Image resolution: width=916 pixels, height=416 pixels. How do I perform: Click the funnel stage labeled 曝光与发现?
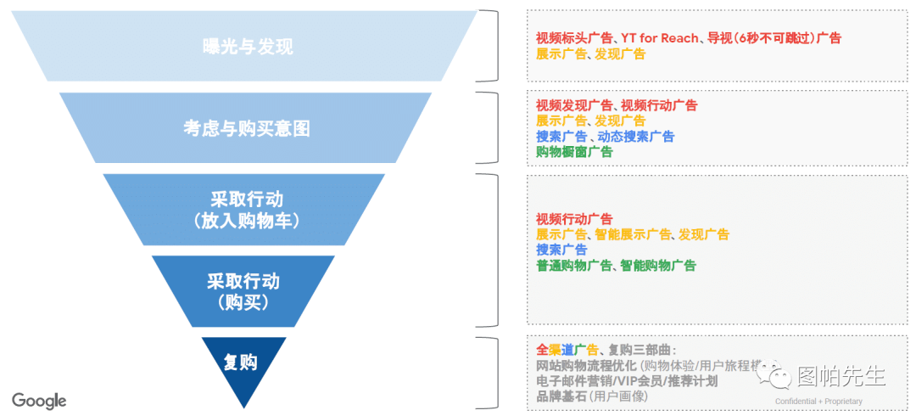click(x=248, y=47)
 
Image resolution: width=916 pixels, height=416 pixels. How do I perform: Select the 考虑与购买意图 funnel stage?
click(x=246, y=128)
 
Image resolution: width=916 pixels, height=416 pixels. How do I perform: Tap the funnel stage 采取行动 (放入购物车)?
click(x=246, y=210)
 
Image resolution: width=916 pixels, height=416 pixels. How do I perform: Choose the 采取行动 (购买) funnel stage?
click(x=243, y=290)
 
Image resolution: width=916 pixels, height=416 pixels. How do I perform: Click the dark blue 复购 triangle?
click(x=242, y=363)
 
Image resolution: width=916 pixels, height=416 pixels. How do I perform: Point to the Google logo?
click(x=39, y=400)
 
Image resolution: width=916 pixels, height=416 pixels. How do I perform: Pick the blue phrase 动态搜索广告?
click(x=635, y=137)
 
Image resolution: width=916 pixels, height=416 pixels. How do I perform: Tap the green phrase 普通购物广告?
click(x=573, y=266)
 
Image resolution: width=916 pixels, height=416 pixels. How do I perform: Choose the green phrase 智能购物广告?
click(x=657, y=266)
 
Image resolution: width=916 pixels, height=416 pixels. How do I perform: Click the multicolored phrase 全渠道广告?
click(x=567, y=350)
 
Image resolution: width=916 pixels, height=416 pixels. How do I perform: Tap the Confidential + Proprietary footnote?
click(x=818, y=402)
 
